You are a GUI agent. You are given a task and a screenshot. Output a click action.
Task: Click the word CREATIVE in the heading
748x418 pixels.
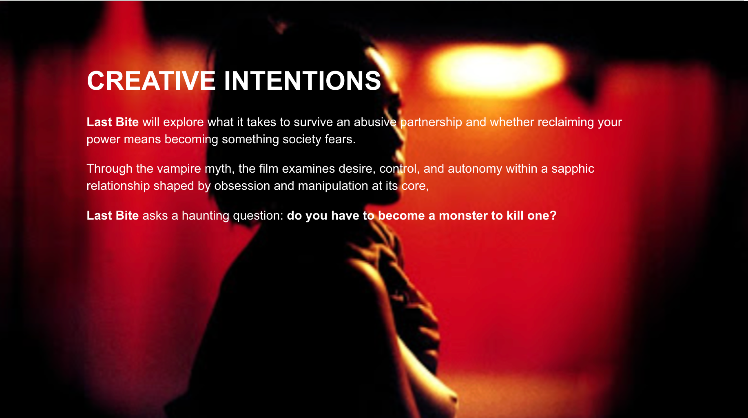tap(151, 80)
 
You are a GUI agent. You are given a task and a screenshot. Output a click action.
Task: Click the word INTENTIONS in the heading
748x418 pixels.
tap(303, 80)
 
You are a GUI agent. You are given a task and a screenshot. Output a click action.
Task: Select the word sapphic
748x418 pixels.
tap(573, 169)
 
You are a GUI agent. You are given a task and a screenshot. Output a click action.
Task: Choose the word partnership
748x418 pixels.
tap(431, 122)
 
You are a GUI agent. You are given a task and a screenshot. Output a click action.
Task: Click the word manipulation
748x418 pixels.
tap(333, 186)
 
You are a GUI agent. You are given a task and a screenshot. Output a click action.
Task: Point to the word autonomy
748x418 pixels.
tap(475, 169)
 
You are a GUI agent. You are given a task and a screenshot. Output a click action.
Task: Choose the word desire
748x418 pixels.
tap(357, 169)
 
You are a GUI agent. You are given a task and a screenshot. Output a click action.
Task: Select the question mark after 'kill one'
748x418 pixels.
tap(553, 215)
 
